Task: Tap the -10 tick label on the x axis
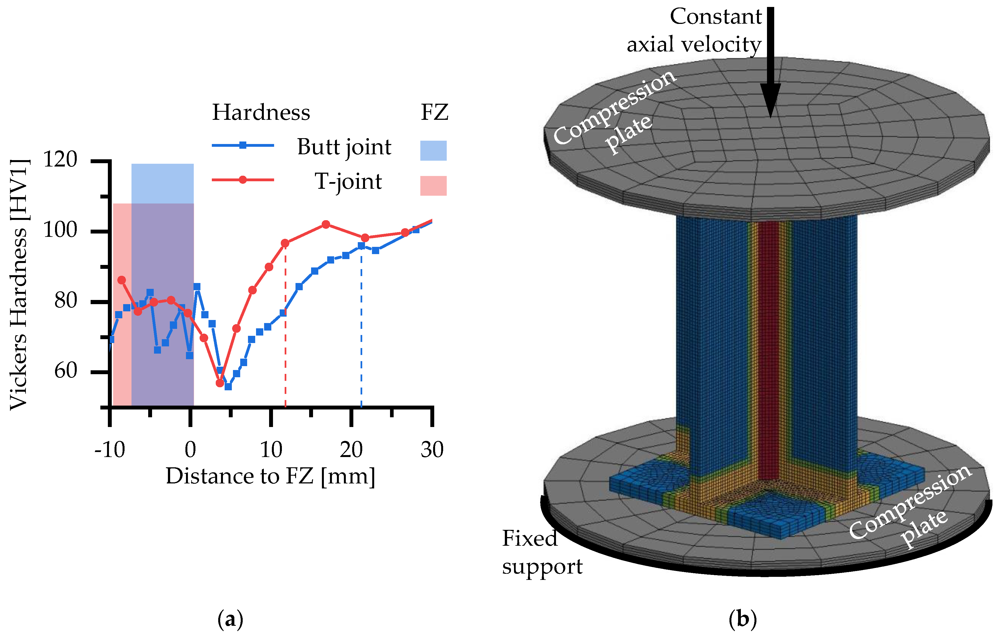(110, 450)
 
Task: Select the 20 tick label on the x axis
(351, 450)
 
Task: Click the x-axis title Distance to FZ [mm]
(270, 476)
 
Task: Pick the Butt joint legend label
(344, 147)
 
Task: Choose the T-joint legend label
(348, 182)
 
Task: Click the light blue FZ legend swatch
(433, 150)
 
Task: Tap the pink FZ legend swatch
(433, 185)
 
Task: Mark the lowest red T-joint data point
(220, 383)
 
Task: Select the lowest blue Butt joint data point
(228, 386)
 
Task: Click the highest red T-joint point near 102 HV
(326, 224)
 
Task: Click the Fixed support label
(542, 553)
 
